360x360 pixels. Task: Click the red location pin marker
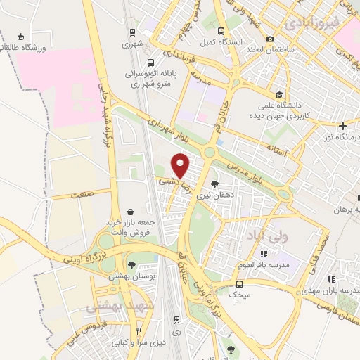point(181,165)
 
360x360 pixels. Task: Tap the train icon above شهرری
point(132,32)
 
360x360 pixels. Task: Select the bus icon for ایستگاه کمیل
point(221,32)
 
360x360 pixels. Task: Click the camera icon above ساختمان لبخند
point(271,39)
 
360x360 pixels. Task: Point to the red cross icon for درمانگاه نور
point(342,127)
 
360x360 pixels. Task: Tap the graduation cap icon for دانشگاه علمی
point(279,94)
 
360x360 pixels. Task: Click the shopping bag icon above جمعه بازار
point(131,211)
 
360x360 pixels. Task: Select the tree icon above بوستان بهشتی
point(131,264)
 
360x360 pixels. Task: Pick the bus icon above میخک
point(239,284)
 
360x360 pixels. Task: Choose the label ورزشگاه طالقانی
point(27,47)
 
